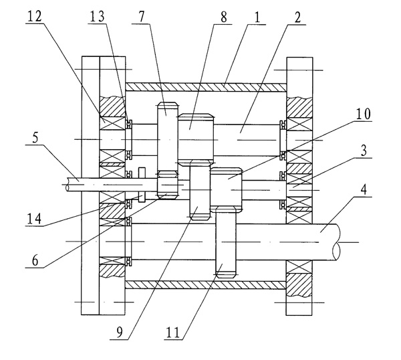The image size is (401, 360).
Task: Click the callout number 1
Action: point(257,16)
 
